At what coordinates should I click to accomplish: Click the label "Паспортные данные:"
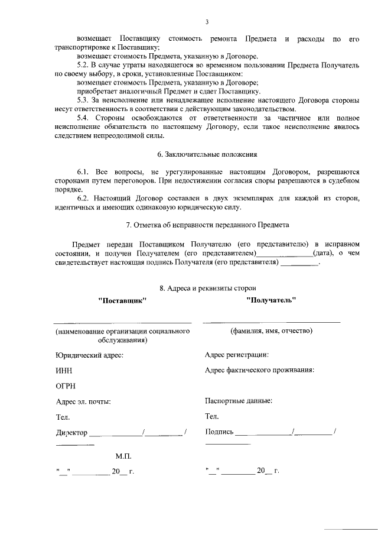(x=239, y=400)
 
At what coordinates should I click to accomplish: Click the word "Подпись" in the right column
(x=219, y=432)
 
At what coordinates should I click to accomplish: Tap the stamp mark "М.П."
(x=123, y=456)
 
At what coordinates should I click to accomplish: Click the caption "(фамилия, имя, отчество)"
(x=271, y=331)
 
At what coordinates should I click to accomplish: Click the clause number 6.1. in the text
(x=86, y=171)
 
